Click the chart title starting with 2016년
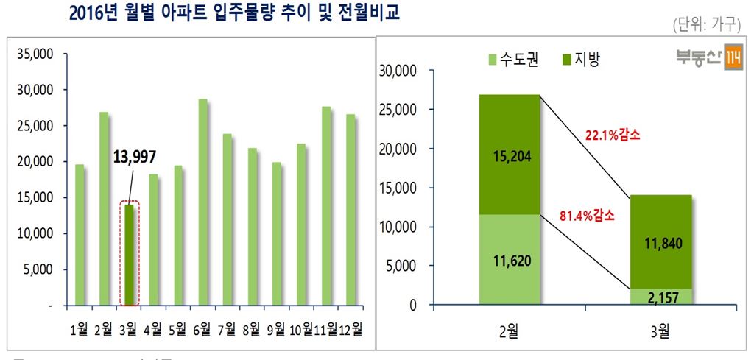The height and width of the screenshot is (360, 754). tap(233, 14)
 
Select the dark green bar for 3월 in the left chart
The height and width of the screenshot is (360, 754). tap(130, 254)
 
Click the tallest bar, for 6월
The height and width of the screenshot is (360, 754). tap(202, 202)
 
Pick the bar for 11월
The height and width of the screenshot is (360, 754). tap(325, 205)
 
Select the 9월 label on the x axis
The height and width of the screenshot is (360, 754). tap(275, 328)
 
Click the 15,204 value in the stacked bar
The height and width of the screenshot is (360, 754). tap(510, 155)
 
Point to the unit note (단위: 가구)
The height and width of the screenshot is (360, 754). tap(705, 25)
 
